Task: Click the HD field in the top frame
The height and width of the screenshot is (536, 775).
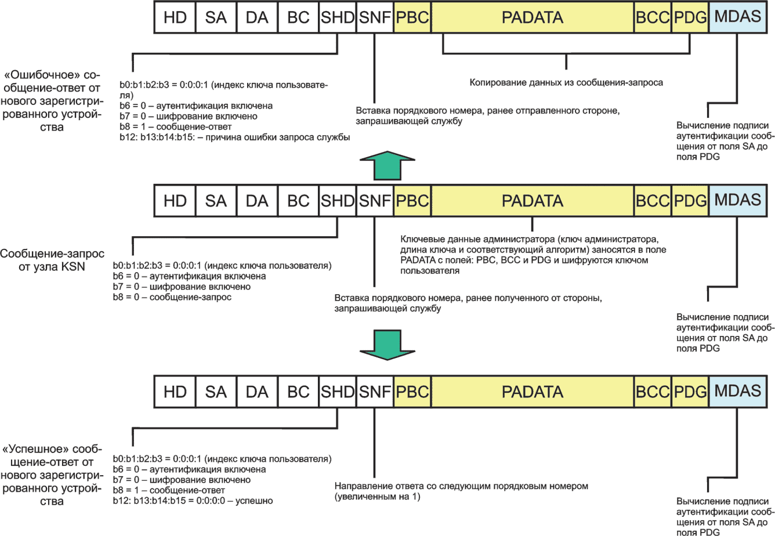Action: coord(175,17)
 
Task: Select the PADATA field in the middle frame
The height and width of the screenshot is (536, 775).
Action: coord(533,201)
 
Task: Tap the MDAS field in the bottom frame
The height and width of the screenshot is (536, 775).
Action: coord(738,392)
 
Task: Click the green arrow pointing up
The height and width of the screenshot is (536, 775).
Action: coord(387,165)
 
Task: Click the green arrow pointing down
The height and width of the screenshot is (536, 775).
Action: coord(387,345)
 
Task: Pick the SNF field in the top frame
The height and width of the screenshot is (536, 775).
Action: coord(375,17)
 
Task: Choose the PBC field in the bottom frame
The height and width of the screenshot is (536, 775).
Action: coord(412,392)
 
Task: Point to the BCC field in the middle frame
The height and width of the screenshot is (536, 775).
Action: coord(653,201)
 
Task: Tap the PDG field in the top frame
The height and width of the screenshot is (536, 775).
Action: coord(690,17)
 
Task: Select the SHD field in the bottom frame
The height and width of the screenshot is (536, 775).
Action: coord(338,392)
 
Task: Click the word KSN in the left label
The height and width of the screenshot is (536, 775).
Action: coord(73,267)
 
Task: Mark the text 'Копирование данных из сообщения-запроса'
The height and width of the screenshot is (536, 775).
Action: coord(566,83)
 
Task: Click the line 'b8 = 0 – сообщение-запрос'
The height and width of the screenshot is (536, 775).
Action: coord(172,297)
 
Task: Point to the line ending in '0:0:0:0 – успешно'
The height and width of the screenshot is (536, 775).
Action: coord(193,501)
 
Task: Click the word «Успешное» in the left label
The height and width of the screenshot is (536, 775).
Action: coord(35,449)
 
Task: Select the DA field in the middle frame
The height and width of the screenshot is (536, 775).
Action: coord(257,201)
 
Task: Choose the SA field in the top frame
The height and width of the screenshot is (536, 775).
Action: coord(216,17)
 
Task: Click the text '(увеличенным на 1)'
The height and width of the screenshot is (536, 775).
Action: coord(377,497)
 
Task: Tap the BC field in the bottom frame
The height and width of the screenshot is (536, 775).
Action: coord(298,392)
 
